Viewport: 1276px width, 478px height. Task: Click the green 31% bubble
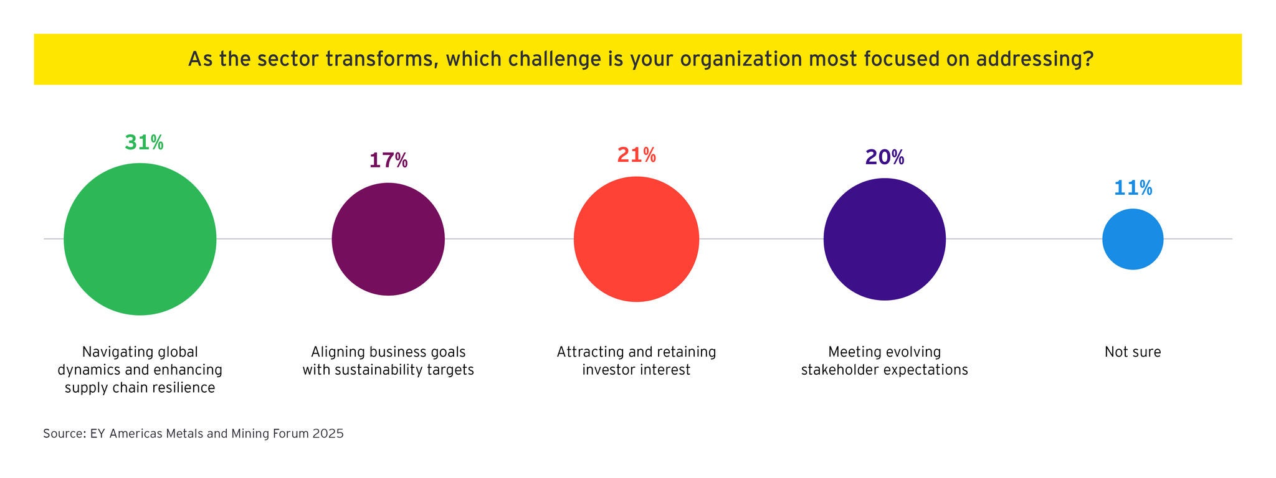point(140,239)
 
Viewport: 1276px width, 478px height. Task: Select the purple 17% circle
point(388,239)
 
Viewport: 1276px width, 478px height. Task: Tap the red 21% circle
point(636,239)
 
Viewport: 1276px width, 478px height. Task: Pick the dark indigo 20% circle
point(884,239)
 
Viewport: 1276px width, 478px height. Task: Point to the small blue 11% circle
point(1133,239)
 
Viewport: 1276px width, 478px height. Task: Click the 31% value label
point(144,143)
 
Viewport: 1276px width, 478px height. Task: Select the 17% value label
point(388,161)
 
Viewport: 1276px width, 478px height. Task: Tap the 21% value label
point(636,155)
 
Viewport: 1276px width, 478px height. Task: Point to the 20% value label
point(884,157)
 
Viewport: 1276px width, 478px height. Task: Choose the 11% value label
point(1133,188)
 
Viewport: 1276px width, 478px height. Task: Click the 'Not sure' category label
point(1133,352)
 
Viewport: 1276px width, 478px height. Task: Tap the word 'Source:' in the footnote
point(65,434)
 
